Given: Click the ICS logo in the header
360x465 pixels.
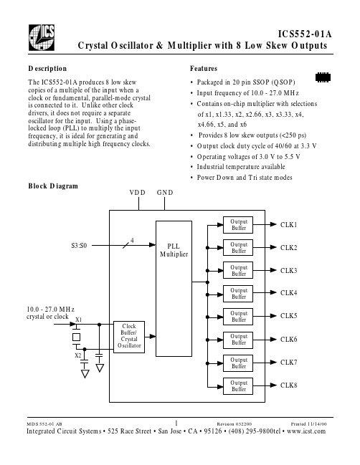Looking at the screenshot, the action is click(x=42, y=37).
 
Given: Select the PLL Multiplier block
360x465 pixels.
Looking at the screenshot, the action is click(x=174, y=289).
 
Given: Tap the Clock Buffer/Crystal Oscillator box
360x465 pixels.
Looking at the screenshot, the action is click(x=129, y=337).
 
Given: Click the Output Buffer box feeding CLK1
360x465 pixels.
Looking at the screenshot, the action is click(x=238, y=225).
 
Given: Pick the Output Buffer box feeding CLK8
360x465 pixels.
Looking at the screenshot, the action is click(x=238, y=385).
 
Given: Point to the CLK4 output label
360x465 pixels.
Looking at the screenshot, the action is click(x=288, y=293).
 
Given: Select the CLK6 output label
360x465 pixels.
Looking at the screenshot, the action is click(x=288, y=340).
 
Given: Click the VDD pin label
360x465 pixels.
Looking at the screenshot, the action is click(x=138, y=193).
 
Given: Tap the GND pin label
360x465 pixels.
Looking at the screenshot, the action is click(x=165, y=193).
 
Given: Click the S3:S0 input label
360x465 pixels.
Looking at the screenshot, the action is click(x=79, y=246).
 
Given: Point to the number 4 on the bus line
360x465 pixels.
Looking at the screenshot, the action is click(x=132, y=240).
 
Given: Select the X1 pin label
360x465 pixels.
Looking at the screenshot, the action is click(x=78, y=320).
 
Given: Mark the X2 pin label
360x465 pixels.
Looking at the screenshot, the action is click(x=77, y=355).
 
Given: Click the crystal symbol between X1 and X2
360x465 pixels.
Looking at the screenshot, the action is click(x=76, y=337).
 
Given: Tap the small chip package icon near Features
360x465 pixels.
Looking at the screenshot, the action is click(x=323, y=77).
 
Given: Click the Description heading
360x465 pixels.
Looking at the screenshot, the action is click(x=47, y=69).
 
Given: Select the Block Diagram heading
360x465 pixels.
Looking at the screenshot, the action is click(x=53, y=186).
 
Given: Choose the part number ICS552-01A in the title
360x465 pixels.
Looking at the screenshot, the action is click(x=305, y=34).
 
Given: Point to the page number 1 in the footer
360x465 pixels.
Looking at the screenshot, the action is click(x=176, y=423).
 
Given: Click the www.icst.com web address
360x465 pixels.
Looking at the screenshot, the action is click(x=306, y=431).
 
